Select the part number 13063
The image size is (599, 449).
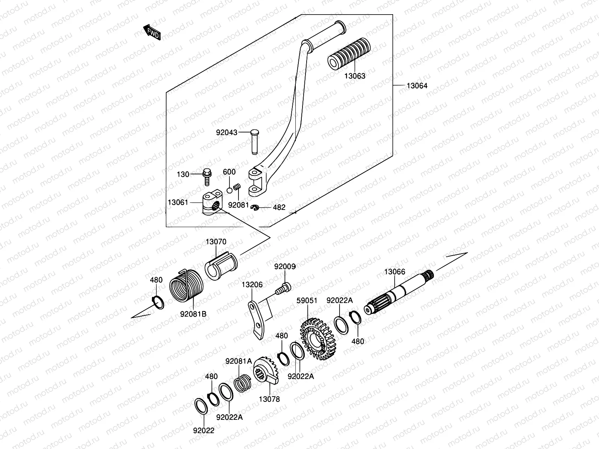(355, 76)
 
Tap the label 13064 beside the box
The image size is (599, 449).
(417, 86)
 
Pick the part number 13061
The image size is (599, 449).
(178, 202)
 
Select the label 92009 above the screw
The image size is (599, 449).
(285, 267)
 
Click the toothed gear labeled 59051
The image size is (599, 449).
(319, 339)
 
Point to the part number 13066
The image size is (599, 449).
(395, 272)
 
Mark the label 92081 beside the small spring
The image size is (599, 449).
(238, 205)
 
